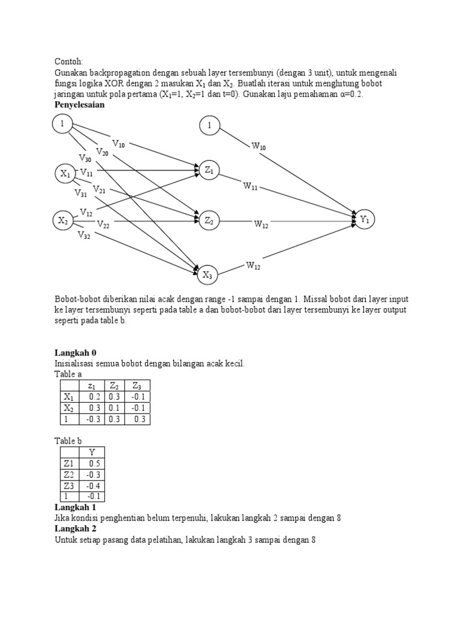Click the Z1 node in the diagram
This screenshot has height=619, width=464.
209,171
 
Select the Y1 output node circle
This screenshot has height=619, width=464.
365,219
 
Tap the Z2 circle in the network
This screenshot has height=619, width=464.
209,221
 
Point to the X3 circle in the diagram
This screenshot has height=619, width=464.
207,275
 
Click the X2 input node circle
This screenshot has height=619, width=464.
63,221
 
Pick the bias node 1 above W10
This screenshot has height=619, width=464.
209,126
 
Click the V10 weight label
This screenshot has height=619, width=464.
118,144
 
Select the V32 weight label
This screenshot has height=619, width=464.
83,236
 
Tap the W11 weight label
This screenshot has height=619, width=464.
251,187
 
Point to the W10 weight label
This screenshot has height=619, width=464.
259,146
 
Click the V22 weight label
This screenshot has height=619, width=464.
103,225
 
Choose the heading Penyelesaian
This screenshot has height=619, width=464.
80,105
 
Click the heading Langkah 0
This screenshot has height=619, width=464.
76,352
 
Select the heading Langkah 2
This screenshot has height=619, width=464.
76,528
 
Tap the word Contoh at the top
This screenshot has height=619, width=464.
69,61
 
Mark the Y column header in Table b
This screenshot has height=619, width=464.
92,452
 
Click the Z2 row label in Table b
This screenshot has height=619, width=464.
69,474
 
